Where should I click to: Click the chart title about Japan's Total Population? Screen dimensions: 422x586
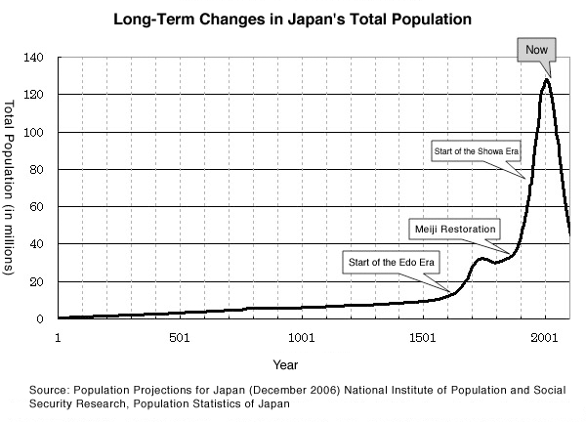293,18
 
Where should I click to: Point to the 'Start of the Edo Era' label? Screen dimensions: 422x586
388,261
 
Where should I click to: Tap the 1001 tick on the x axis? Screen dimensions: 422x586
301,337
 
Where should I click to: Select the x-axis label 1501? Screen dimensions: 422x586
422,337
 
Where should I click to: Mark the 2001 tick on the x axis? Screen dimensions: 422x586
544,337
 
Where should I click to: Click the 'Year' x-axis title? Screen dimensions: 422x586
285,365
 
